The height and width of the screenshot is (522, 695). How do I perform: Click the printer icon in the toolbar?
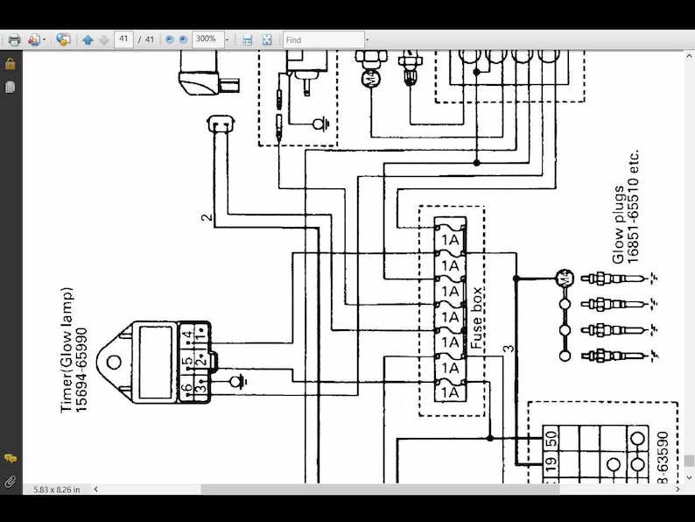[x=14, y=39]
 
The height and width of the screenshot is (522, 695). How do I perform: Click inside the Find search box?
[x=323, y=39]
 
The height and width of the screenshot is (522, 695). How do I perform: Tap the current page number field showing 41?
[x=123, y=39]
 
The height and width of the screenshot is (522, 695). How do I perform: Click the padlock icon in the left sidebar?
[x=11, y=64]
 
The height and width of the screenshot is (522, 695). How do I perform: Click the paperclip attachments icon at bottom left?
[x=11, y=481]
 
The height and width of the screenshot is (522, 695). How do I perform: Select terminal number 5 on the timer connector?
[x=186, y=361]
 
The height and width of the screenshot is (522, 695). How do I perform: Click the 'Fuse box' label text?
[x=476, y=319]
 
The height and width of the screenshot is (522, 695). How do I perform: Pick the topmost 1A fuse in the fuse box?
[x=450, y=239]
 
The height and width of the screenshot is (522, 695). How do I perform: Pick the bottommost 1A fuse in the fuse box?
[x=450, y=392]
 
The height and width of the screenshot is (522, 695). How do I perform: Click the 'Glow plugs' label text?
[x=619, y=224]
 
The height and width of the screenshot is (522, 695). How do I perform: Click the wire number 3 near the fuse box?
[x=509, y=349]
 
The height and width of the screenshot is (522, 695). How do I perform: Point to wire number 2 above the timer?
[x=207, y=216]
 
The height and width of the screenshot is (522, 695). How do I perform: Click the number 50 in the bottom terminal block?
[x=551, y=439]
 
